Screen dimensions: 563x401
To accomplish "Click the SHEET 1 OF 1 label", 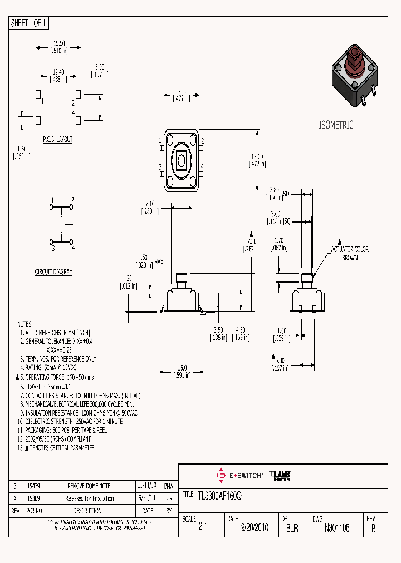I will (29, 23).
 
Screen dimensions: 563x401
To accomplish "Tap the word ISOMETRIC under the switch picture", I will (336, 125).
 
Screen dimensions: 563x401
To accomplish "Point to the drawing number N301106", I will (337, 528).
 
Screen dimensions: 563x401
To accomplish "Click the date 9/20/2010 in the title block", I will (255, 528).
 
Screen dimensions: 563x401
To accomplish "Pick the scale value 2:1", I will (202, 528).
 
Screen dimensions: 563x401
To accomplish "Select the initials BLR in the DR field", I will (292, 528).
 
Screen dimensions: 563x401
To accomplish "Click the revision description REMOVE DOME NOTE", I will (89, 486).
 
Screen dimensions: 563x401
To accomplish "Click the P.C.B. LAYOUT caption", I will (57, 140).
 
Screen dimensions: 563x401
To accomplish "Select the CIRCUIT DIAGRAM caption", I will (53, 272).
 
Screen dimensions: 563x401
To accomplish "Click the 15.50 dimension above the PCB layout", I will (60, 43).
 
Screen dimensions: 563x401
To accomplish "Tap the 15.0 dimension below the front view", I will (182, 367).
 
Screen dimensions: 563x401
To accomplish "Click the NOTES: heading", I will (25, 324).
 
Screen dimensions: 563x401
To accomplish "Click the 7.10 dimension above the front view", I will (149, 204).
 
